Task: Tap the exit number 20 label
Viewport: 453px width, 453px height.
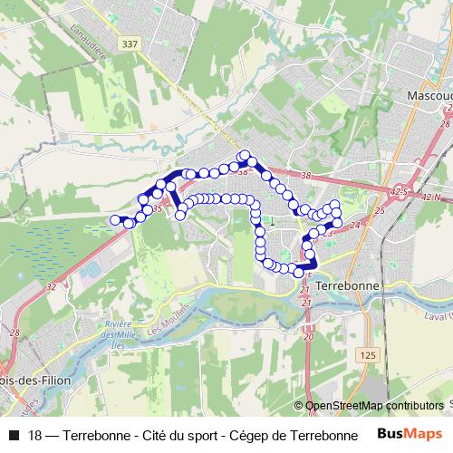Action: [x=308, y=336]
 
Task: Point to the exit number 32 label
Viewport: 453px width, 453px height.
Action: [x=52, y=286]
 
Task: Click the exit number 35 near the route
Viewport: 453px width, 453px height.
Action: [x=158, y=209]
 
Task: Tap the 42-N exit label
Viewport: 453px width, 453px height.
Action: [x=431, y=196]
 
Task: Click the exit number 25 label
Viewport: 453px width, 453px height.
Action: [x=380, y=211]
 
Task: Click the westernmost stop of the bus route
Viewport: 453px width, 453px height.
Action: [x=115, y=220]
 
